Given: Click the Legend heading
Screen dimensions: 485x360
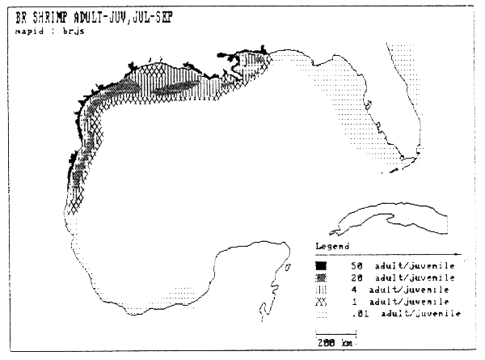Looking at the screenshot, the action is (331, 245).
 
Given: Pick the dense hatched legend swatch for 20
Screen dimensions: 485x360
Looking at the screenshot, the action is (321, 277).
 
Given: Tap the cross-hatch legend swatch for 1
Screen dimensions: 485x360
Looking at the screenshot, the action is (321, 301).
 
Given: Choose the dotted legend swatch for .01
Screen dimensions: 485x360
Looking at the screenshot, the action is (321, 313).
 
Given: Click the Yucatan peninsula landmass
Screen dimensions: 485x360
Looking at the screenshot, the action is (267, 271).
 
